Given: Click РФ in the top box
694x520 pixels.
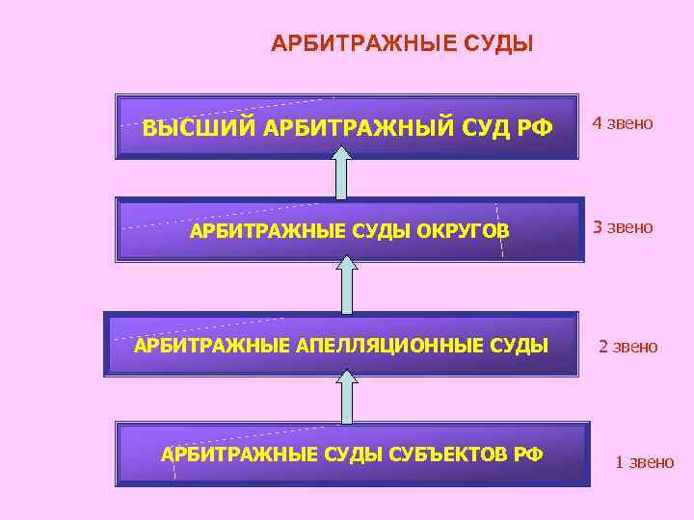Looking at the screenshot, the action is pyautogui.click(x=536, y=127).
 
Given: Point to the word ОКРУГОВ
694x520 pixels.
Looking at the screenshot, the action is pyautogui.click(x=458, y=231).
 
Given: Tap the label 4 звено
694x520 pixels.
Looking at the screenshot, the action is pyautogui.click(x=623, y=123).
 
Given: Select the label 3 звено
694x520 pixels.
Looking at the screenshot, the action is pyautogui.click(x=623, y=227).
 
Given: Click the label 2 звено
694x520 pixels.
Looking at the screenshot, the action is pyautogui.click(x=628, y=346).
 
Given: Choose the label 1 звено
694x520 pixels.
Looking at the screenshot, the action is pyautogui.click(x=645, y=462).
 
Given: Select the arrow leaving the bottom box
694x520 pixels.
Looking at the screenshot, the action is pyautogui.click(x=346, y=395).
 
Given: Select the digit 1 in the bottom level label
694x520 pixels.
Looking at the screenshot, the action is pyautogui.click(x=619, y=462).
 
